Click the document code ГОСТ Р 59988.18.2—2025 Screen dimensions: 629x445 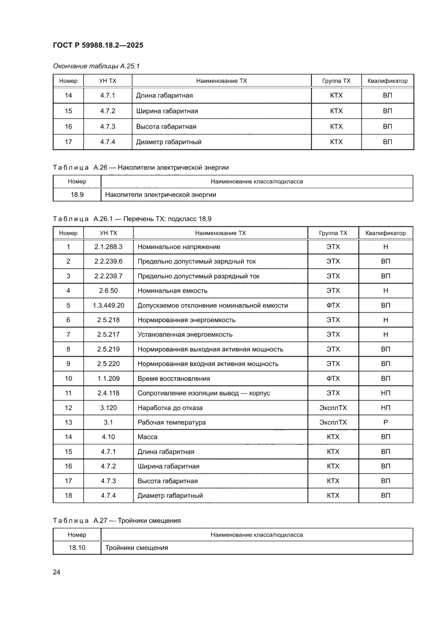tap(98, 45)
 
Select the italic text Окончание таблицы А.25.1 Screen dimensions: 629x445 tap(96, 66)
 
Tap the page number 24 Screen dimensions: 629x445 tap(56, 572)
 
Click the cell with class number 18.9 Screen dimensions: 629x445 tap(77, 195)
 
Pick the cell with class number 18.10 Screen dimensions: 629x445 tap(77, 548)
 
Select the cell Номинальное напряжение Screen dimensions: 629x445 tap(179, 246)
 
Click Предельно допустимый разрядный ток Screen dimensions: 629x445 tap(199, 276)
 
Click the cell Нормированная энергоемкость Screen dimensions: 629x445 tap(186, 320)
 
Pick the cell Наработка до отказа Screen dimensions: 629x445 tap(170, 408)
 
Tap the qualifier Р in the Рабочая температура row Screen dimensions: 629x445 tap(385, 422)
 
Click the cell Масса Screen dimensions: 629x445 tap(147, 437)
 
